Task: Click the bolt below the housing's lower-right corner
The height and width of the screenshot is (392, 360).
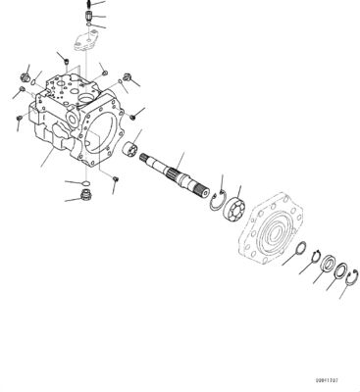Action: pyautogui.click(x=116, y=178)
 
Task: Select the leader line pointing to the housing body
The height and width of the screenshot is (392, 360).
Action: pyautogui.click(x=49, y=155)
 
